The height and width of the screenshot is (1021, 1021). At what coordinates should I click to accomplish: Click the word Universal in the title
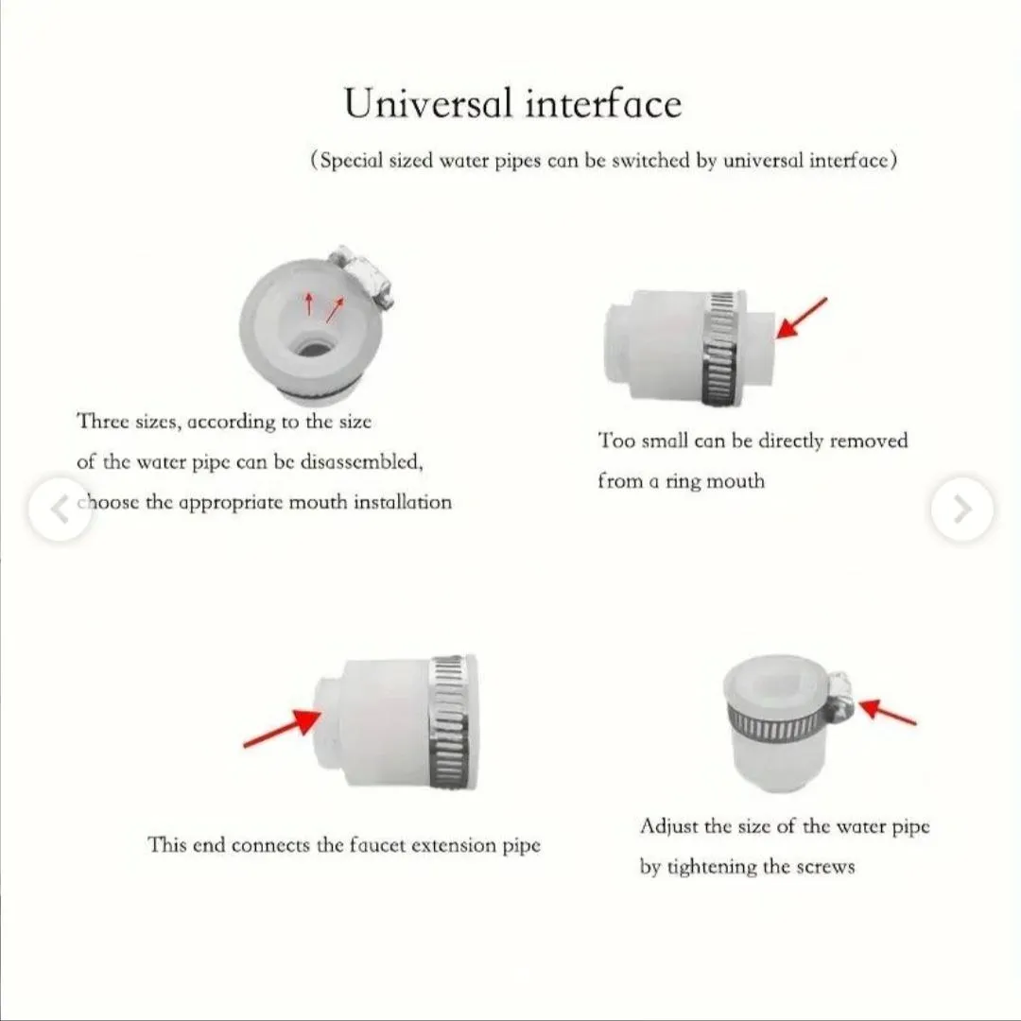coord(428,103)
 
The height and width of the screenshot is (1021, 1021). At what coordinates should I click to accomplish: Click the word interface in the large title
coord(603,103)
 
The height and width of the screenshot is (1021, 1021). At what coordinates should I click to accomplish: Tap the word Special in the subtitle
coord(351,161)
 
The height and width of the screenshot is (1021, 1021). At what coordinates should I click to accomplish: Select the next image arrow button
coord(962,509)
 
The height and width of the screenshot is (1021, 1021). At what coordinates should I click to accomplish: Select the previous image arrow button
coord(60,509)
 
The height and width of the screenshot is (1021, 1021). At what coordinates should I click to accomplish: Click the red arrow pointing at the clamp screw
coord(888,712)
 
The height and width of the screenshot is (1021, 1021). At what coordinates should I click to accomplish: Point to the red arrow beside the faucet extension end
coord(282,728)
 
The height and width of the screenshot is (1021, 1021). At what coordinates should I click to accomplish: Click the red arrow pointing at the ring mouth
coord(802,318)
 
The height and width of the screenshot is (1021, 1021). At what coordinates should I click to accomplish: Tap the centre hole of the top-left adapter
coord(313,346)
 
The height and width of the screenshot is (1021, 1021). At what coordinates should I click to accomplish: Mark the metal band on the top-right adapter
coord(723,349)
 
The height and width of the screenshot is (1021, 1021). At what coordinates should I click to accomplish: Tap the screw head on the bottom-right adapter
coord(840,698)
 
